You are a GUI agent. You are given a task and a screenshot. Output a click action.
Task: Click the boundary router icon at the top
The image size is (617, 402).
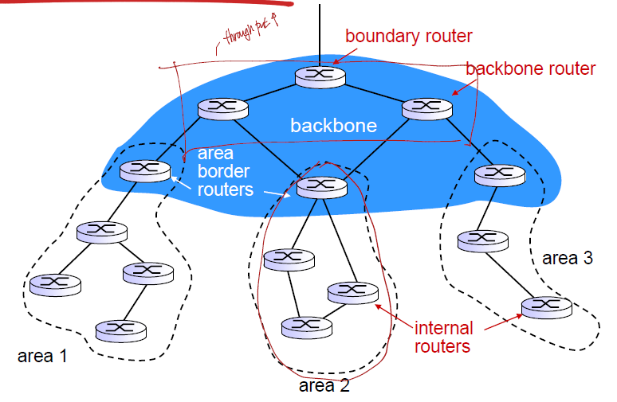click(320, 76)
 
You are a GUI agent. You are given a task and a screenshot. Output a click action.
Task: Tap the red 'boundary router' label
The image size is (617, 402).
click(408, 37)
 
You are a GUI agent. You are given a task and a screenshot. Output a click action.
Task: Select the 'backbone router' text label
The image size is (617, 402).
click(530, 68)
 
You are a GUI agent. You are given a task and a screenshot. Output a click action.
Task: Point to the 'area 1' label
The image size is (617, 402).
click(42, 356)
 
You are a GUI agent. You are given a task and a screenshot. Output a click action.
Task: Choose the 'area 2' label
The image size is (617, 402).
click(324, 386)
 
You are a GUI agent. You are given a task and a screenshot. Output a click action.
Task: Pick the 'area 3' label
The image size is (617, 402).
click(567, 258)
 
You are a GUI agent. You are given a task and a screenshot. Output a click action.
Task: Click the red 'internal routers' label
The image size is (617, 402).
click(443, 337)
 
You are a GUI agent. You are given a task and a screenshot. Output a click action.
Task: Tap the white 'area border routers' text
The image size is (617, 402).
click(225, 171)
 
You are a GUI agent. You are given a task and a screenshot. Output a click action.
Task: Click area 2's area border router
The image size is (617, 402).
click(322, 186)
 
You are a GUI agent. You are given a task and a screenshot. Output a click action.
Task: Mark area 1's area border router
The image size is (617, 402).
click(145, 170)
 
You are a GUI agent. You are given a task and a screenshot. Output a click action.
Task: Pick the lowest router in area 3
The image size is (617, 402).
click(546, 306)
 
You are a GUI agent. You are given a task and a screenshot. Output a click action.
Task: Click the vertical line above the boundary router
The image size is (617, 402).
click(320, 32)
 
